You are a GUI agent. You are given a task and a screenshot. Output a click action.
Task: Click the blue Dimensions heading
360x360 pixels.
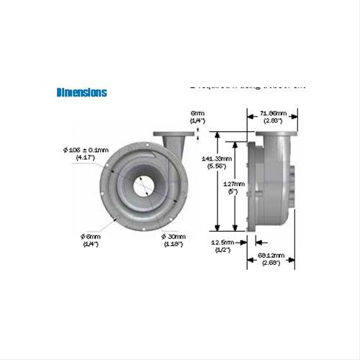[x=81, y=92]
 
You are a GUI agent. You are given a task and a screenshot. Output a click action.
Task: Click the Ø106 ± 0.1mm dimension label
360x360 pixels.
[x=86, y=149]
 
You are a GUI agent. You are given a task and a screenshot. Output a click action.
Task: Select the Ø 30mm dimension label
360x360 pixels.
[x=174, y=236]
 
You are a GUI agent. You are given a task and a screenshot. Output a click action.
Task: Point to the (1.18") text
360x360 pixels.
[x=174, y=243]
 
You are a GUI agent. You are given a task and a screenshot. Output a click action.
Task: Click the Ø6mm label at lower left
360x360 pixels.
[x=91, y=236]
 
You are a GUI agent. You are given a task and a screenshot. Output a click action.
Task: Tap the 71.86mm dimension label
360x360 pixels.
[x=273, y=113]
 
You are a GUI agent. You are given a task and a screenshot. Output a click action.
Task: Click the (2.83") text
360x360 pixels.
[x=273, y=120]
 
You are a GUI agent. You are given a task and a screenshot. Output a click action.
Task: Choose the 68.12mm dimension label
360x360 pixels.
[x=271, y=256]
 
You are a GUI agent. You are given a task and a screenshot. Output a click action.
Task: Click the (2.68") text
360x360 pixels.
[x=271, y=263]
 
